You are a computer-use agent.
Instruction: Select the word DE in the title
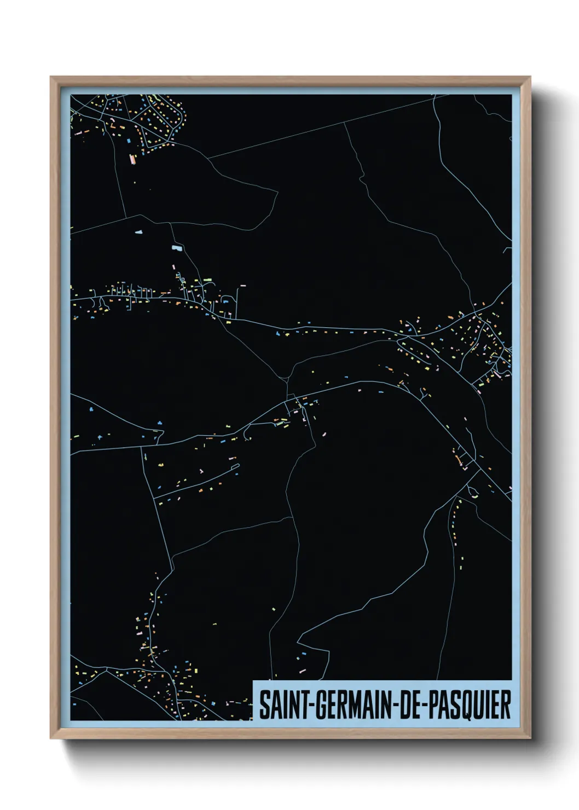pyautogui.click(x=407, y=705)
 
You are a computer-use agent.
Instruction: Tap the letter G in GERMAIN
pyautogui.click(x=319, y=705)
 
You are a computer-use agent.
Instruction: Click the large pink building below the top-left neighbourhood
pyautogui.click(x=131, y=159)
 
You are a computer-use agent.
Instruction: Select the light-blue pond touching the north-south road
pyautogui.click(x=176, y=248)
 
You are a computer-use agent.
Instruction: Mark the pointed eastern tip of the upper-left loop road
pyautogui.click(x=277, y=191)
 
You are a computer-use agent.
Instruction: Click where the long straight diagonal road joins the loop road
pyautogui.click(x=208, y=158)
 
